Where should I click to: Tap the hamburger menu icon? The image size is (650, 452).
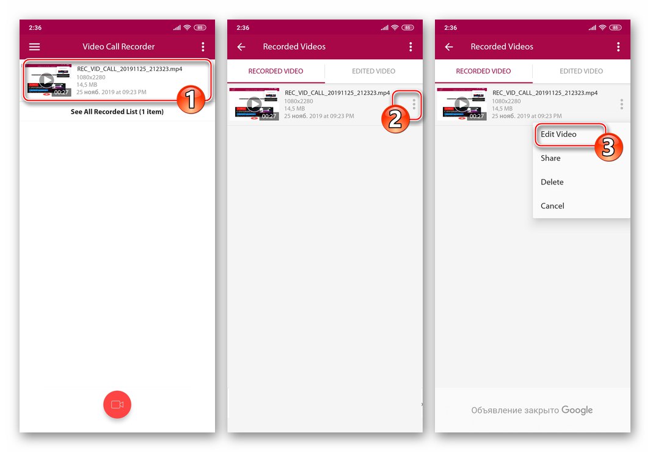tap(34, 47)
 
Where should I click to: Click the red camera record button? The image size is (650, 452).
tap(117, 404)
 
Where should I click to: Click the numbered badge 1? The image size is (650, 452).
tap(191, 100)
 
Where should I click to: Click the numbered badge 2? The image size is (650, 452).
tap(395, 119)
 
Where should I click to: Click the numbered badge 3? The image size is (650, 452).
tap(608, 147)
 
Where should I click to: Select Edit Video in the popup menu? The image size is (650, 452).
tap(558, 134)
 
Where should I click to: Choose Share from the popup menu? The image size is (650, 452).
tap(550, 158)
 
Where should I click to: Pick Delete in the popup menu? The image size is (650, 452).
tap(552, 182)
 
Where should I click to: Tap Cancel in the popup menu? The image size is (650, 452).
tap(552, 206)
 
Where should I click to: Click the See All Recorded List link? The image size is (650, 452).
tap(117, 112)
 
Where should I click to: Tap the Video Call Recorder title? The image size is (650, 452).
tap(119, 47)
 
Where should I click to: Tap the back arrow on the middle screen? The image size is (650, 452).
tap(241, 47)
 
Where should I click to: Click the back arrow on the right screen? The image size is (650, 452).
tap(449, 47)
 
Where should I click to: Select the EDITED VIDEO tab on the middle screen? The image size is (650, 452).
tap(373, 71)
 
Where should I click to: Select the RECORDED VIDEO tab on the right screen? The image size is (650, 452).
tap(483, 71)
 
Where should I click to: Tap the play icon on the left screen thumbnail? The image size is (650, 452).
tap(46, 80)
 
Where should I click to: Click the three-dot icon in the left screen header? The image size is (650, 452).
tap(203, 47)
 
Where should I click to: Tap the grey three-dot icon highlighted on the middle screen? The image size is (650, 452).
tap(414, 104)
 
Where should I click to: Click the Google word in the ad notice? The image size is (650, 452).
tap(577, 410)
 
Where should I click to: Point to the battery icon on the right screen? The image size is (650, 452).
tap(615, 27)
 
